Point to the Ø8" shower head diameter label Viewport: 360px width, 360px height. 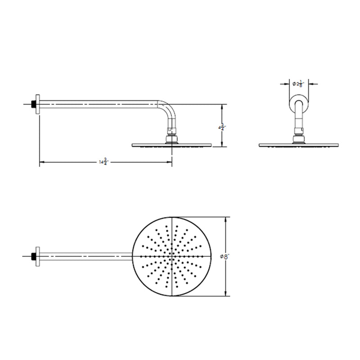pos(225,256)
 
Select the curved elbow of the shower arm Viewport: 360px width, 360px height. pos(169,112)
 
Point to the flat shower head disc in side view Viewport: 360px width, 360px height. pos(172,145)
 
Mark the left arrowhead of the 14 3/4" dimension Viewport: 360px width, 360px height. pos(42,162)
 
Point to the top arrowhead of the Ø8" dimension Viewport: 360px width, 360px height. pos(227,218)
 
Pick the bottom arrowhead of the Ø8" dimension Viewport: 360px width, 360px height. pos(227,294)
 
